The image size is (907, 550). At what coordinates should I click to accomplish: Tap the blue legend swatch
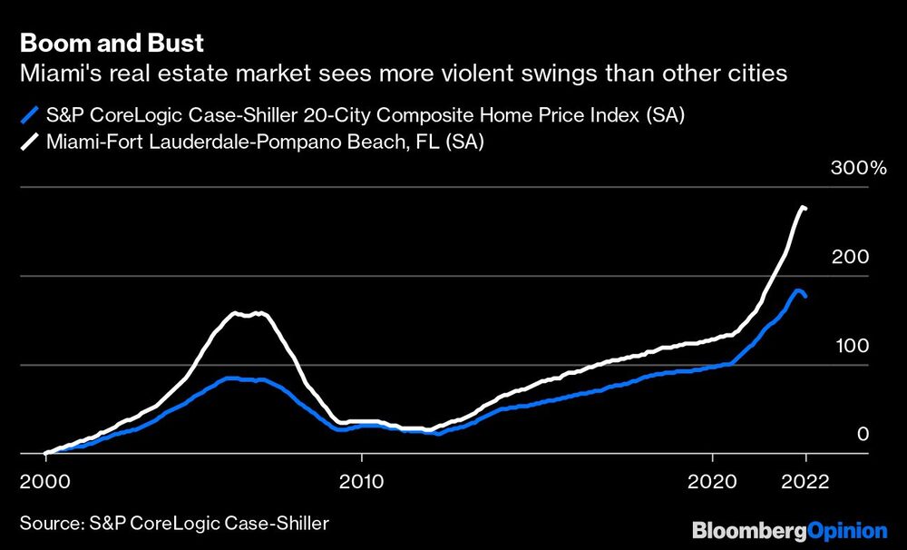[x=30, y=115]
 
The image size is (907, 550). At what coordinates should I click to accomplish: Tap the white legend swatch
[x=30, y=141]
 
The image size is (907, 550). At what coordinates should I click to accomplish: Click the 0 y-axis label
[x=863, y=435]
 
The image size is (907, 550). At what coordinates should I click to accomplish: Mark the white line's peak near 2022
[x=803, y=208]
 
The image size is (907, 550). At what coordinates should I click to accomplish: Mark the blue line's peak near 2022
[x=798, y=290]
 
